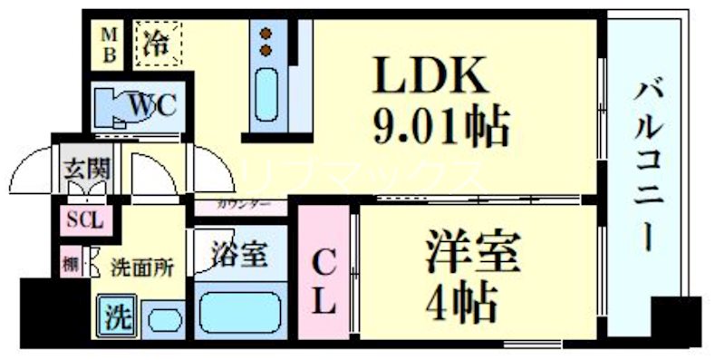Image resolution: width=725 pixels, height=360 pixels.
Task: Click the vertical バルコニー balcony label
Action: coord(645,164)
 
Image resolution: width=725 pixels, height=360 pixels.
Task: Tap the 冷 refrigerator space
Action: coord(159,42)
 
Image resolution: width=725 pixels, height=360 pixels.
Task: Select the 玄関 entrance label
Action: coord(86,170)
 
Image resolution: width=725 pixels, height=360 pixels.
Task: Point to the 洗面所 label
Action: coord(141,268)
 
